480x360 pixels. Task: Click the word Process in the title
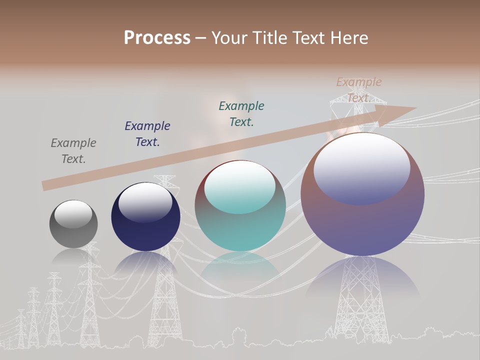157,38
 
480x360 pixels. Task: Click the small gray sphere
73,224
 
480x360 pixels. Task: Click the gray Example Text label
73,151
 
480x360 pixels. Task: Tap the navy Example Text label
147,134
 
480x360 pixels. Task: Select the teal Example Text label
241,114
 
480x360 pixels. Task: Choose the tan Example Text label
358,90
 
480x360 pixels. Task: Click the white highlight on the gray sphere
73,213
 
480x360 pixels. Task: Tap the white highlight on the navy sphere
145,202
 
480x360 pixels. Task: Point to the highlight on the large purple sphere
362,168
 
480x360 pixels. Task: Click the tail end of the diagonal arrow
46,185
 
